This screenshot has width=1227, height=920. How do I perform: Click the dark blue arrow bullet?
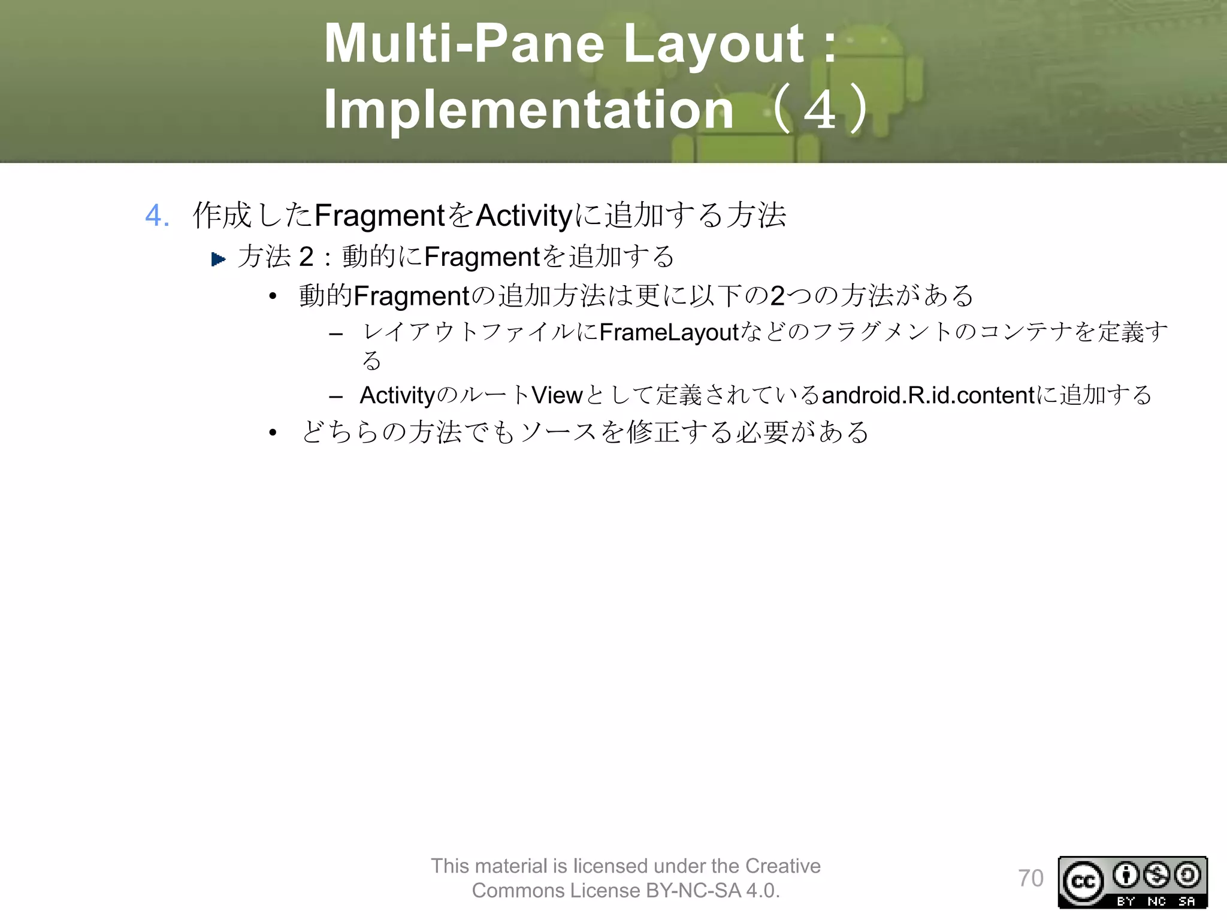point(218,259)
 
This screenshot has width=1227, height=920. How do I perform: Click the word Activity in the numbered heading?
point(524,216)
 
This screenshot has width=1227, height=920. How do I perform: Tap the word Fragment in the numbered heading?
point(379,216)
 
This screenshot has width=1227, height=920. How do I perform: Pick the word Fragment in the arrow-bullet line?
point(482,257)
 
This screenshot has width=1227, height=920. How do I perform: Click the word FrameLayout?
point(669,332)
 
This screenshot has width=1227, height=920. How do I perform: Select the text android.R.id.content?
point(928,395)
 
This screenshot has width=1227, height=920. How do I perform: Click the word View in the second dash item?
point(557,395)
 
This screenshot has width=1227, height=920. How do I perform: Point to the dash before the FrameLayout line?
point(336,334)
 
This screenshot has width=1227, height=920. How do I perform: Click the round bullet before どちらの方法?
point(273,432)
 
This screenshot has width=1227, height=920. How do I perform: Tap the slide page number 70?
point(1030,879)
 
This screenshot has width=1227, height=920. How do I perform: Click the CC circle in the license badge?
point(1083,881)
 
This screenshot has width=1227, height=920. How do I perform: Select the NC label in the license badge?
point(1156,901)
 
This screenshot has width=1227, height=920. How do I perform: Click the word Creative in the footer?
point(782,866)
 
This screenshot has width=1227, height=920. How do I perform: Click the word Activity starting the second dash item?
point(397,395)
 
